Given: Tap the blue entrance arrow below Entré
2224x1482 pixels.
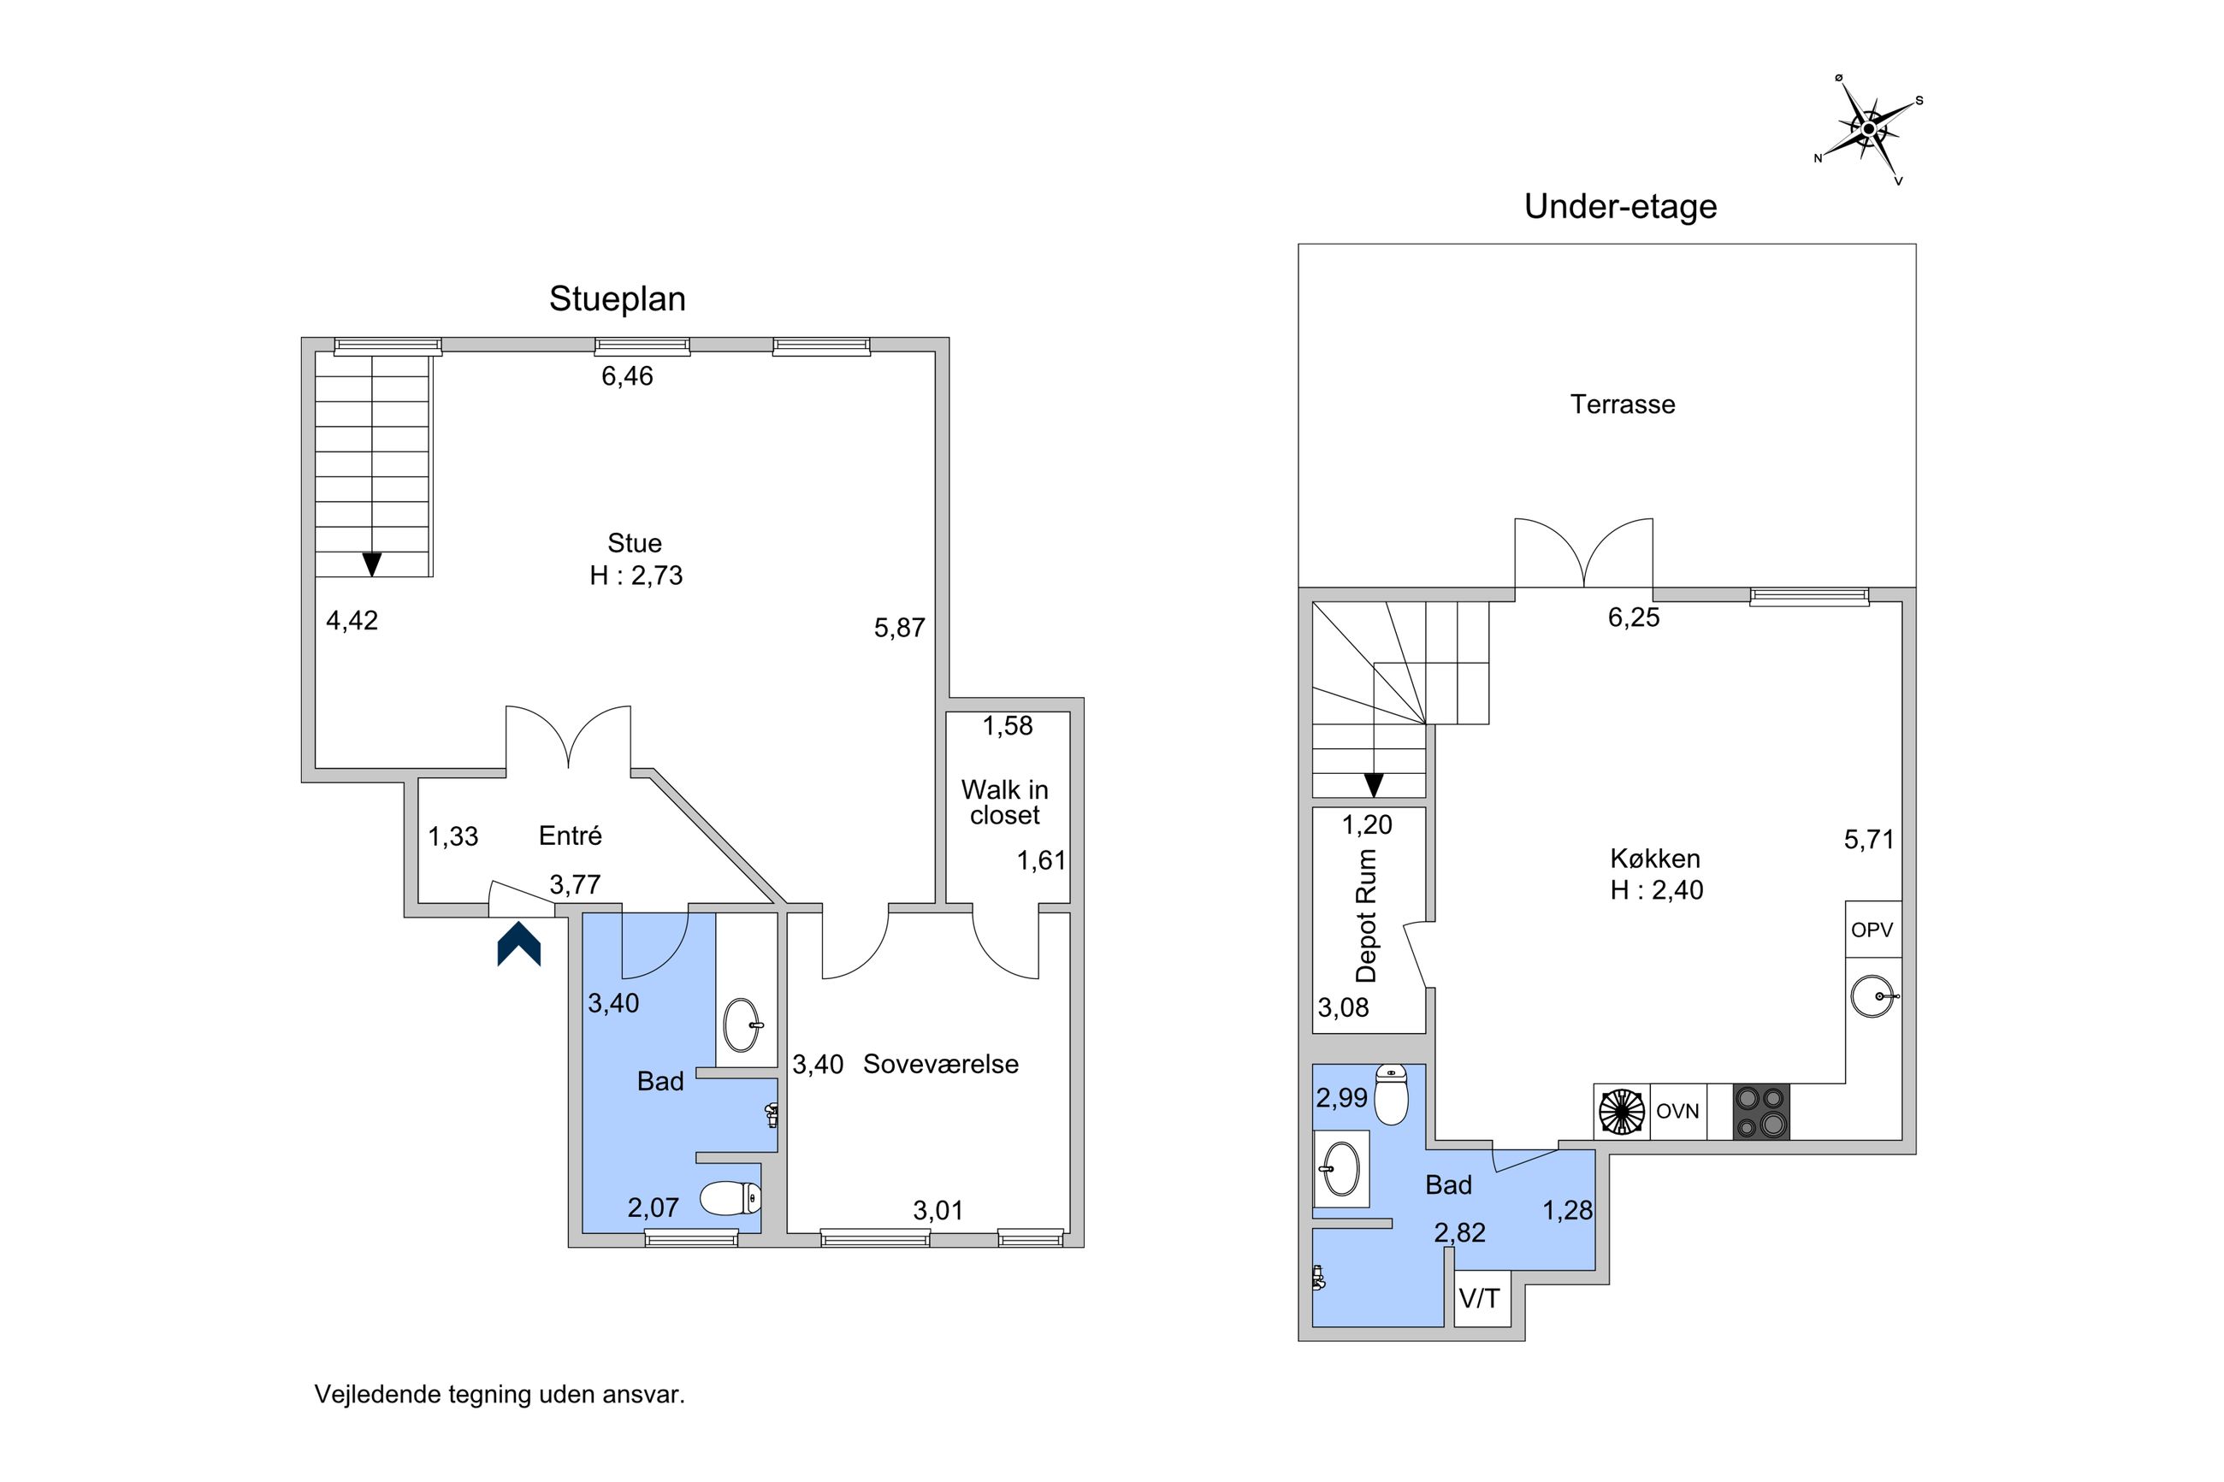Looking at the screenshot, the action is [x=518, y=943].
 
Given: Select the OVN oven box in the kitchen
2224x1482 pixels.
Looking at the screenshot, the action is [x=1677, y=1112].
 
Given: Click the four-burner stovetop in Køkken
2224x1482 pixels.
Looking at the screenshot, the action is [x=1761, y=1112].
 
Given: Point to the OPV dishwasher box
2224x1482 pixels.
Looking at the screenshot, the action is [x=1872, y=929].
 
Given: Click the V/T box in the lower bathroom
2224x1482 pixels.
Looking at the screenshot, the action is [x=1481, y=1299].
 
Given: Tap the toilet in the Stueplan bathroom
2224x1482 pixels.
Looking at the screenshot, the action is [x=730, y=1198].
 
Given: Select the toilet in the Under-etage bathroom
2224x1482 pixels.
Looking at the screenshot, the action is [x=1390, y=1095].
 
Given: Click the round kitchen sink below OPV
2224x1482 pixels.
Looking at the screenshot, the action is [x=1873, y=996].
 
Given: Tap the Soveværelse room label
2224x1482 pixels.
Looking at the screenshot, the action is [x=940, y=1064].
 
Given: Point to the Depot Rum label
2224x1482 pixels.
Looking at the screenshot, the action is [x=1366, y=915].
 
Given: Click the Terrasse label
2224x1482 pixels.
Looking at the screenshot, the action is [x=1622, y=404].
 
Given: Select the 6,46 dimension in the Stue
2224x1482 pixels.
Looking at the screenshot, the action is [x=628, y=376].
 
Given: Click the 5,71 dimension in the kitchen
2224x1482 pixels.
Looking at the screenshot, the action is [x=1870, y=839].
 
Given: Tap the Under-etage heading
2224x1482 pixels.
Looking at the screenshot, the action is [x=1620, y=206].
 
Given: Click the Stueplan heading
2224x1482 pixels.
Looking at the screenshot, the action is [x=618, y=298].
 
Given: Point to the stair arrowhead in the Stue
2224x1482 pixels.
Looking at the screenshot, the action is [x=372, y=564].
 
